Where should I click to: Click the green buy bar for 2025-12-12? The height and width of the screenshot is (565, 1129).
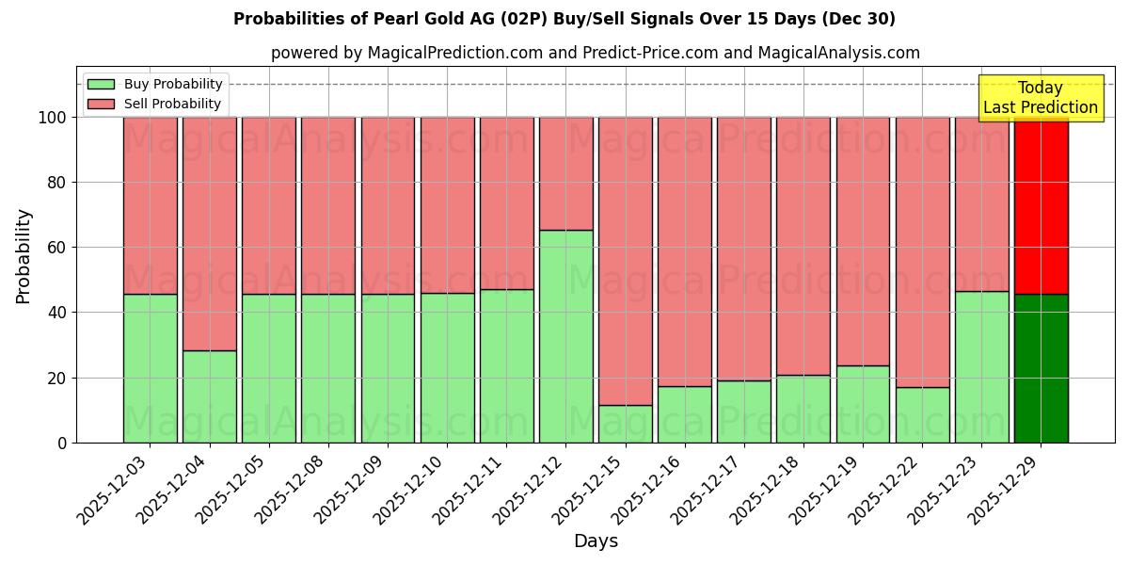(566, 336)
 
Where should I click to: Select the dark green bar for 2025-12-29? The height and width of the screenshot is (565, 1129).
(1041, 368)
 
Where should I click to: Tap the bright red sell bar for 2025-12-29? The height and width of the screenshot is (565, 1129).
(1041, 205)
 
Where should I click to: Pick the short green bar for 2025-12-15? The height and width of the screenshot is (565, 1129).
(626, 424)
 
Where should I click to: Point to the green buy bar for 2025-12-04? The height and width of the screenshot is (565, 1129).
(210, 396)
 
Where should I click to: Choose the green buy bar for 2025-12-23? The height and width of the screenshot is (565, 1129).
(981, 366)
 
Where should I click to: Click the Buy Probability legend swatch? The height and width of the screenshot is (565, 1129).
(101, 84)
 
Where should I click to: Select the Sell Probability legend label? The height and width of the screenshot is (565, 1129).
(172, 104)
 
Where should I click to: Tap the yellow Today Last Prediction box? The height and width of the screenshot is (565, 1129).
(1041, 98)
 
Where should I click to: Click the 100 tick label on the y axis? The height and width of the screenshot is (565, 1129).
(53, 118)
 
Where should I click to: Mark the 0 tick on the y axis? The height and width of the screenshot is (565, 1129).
(62, 443)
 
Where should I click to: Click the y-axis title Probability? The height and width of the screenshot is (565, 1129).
(24, 255)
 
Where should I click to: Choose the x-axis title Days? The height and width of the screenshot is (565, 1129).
(596, 541)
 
